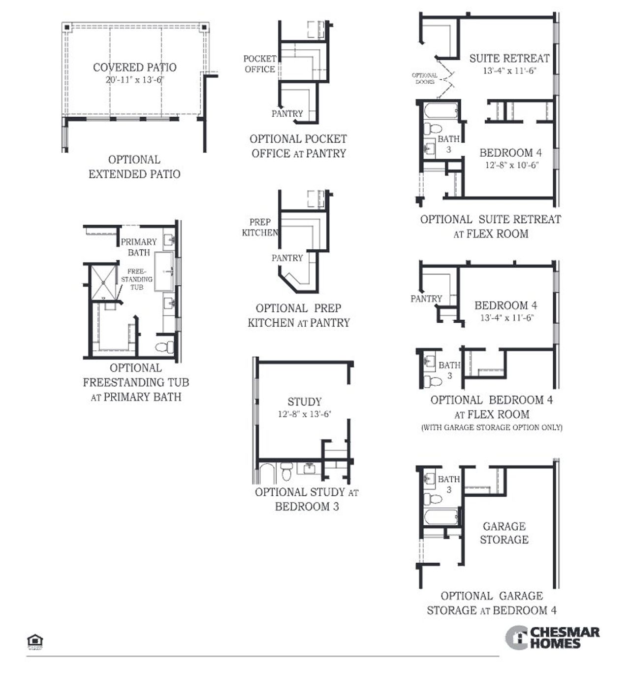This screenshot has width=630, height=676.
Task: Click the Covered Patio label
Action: point(134,68)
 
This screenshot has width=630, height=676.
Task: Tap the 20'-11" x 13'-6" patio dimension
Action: point(134,80)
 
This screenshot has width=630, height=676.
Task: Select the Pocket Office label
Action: point(260,64)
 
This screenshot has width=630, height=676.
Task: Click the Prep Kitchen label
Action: point(260,227)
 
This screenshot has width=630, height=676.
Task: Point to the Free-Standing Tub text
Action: point(136,279)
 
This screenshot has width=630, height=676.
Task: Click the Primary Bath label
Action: point(139,247)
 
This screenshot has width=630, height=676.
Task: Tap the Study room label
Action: point(304,402)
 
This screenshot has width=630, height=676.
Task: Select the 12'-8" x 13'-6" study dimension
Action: point(304,414)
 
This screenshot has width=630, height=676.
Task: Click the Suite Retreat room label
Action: point(509,58)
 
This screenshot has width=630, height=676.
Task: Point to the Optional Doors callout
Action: point(425,78)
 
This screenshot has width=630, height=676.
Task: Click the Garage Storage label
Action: point(504,533)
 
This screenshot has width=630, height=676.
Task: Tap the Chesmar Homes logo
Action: point(552,638)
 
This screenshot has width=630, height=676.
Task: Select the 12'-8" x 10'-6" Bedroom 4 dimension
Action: point(511,165)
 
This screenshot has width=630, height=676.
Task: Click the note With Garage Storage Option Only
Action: point(491,427)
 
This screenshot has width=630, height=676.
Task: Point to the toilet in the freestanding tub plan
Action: point(164,347)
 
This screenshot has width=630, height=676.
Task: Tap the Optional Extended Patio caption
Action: point(134,167)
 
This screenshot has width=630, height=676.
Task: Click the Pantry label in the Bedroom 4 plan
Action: point(426,299)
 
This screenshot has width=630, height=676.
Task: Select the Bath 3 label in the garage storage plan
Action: point(448,484)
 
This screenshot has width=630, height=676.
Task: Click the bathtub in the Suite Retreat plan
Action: point(440,111)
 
